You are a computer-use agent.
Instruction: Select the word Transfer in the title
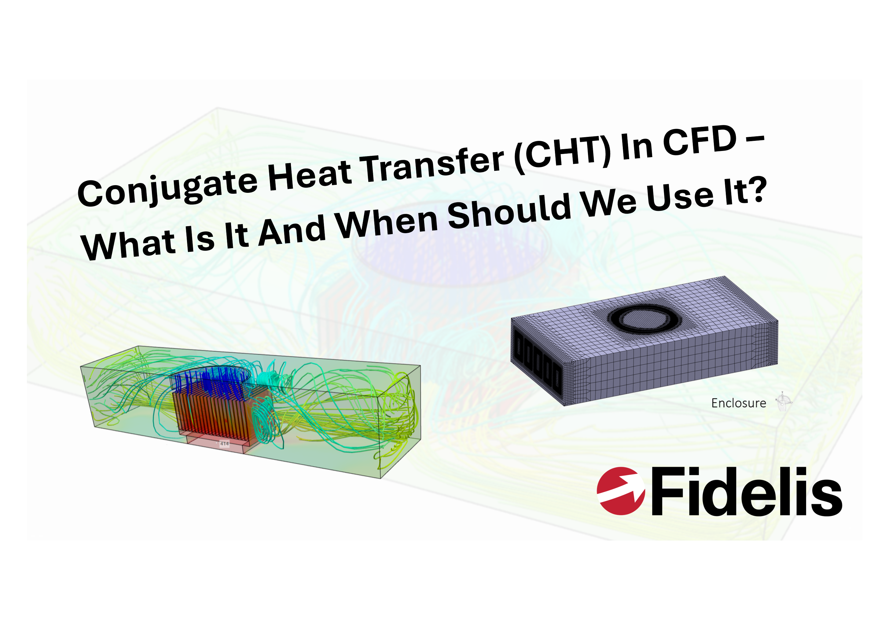pyautogui.click(x=433, y=163)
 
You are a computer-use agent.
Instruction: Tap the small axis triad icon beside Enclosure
pyautogui.click(x=783, y=402)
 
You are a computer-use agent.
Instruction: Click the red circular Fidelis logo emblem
pyautogui.click(x=620, y=491)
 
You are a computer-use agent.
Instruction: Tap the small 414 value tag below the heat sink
pyautogui.click(x=225, y=443)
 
